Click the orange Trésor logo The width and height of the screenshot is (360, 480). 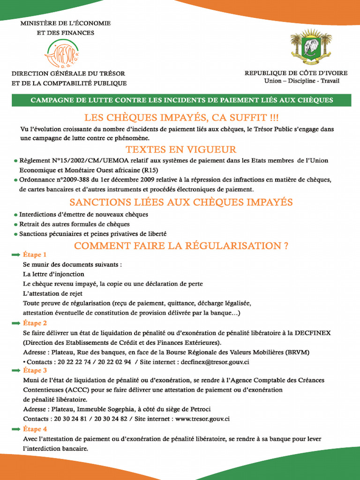pyautogui.click(x=62, y=53)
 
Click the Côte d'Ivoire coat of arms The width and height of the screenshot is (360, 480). pyautogui.click(x=311, y=47)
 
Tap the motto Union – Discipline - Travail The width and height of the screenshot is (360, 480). pyautogui.click(x=301, y=81)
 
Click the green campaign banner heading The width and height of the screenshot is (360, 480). pyautogui.click(x=181, y=100)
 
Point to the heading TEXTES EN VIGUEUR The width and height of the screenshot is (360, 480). pyautogui.click(x=181, y=150)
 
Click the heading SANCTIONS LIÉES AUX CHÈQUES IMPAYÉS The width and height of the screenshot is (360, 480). pyautogui.click(x=181, y=202)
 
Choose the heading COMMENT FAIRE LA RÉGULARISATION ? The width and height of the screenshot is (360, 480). pyautogui.click(x=181, y=246)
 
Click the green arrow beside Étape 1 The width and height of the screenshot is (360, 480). pyautogui.click(x=15, y=255)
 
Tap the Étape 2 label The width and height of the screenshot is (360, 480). pyautogui.click(x=35, y=323)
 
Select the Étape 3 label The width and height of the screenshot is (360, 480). pyautogui.click(x=35, y=370)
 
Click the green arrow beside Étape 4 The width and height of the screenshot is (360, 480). pyautogui.click(x=15, y=429)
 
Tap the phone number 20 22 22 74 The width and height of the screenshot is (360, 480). pyautogui.click(x=69, y=362)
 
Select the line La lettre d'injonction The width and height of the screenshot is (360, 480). pyautogui.click(x=53, y=274)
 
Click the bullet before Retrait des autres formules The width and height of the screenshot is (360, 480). pyautogui.click(x=15, y=225)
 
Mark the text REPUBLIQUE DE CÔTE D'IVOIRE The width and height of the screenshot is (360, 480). pyautogui.click(x=296, y=73)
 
